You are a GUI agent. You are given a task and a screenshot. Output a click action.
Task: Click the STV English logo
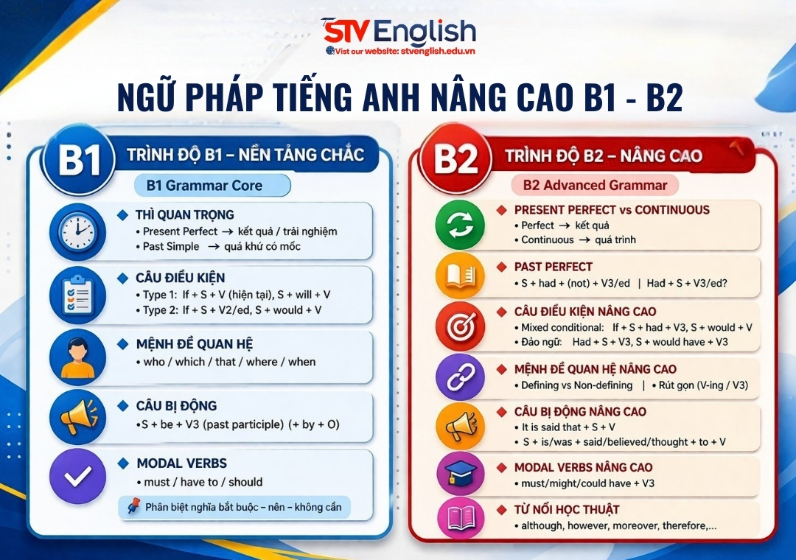tap(399, 32)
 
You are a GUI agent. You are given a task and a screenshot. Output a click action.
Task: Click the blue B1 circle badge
tap(79, 162)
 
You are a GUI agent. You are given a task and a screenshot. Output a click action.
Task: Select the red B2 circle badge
tap(455, 160)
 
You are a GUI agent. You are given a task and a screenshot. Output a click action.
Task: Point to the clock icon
tap(77, 231)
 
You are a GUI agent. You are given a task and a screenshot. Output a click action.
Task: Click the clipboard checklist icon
tap(77, 295)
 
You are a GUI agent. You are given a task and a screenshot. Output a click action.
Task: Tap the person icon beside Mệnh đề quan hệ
tap(77, 357)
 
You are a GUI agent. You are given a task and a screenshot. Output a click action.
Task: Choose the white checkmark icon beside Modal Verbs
tap(77, 477)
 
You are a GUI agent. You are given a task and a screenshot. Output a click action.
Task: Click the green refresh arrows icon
tap(461, 224)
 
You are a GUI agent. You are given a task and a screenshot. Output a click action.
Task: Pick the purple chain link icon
tap(461, 377)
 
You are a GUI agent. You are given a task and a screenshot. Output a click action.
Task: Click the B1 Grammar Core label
tap(204, 186)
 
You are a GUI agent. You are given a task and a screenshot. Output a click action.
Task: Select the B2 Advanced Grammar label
tap(595, 186)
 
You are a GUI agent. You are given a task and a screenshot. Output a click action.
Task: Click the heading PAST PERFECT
tap(553, 267)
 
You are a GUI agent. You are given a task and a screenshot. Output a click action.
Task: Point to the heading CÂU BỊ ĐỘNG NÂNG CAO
tap(580, 412)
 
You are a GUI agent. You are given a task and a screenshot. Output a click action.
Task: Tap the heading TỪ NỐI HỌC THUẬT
tap(567, 509)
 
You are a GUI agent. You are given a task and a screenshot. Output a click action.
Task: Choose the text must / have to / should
tap(199, 482)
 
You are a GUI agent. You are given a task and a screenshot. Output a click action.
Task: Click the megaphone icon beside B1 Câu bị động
tap(77, 418)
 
